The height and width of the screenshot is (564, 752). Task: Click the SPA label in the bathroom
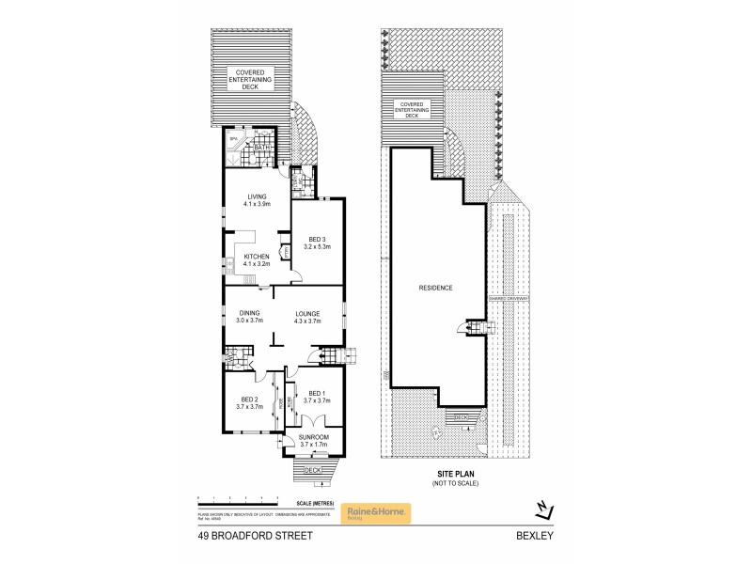(x=232, y=139)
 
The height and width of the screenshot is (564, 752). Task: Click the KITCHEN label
(x=257, y=257)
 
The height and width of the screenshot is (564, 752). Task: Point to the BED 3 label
(x=316, y=239)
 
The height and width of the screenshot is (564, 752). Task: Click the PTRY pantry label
(x=285, y=252)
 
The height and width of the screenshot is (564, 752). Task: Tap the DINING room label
(x=249, y=313)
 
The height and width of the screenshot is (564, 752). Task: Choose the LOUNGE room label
(x=308, y=313)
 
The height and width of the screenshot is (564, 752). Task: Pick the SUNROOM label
(x=313, y=437)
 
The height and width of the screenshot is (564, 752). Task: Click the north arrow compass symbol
(x=542, y=509)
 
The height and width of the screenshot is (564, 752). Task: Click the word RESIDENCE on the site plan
(x=436, y=288)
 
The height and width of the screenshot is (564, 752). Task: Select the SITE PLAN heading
(x=455, y=475)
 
